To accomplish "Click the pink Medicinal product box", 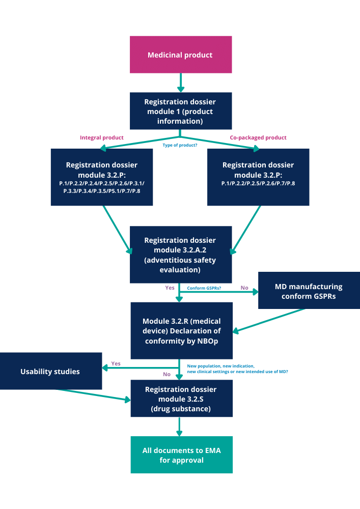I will tap(181, 54).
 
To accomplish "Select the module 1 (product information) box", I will tap(181, 111).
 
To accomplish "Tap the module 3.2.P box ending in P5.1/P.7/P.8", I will tap(102, 177).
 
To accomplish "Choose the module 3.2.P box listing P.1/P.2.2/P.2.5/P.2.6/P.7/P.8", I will tap(258, 177).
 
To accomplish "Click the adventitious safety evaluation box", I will tap(181, 255).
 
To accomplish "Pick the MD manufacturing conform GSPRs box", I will tap(309, 291).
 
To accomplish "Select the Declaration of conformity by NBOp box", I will tap(181, 331).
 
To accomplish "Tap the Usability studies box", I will tap(50, 371).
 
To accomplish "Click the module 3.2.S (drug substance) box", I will tap(181, 399).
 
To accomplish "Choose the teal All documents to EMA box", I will tap(181, 455).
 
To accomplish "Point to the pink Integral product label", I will tap(102, 137).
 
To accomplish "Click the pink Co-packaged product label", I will tap(258, 137).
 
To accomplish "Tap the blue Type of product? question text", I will tap(180, 145).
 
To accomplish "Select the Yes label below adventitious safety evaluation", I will tap(170, 288).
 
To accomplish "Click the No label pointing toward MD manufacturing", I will tap(244, 288).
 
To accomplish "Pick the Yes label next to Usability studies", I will tap(116, 363).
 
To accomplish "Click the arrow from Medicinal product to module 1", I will tap(181, 82).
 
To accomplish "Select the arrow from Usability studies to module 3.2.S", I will tap(92, 395).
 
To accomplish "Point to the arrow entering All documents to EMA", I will tap(179, 427).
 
